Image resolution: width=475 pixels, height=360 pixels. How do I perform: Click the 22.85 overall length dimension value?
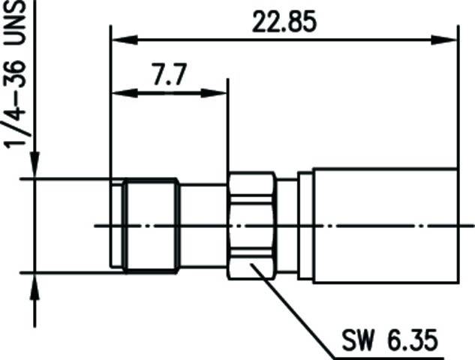click(x=284, y=22)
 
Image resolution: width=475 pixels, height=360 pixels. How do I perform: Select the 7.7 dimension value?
click(x=169, y=75)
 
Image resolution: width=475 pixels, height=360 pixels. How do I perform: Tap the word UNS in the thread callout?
click(x=17, y=23)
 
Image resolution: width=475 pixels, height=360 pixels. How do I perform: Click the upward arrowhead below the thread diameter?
click(x=35, y=282)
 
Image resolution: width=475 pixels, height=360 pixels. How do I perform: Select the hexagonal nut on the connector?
click(x=251, y=225)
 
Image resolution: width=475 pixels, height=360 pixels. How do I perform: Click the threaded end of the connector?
click(x=150, y=225)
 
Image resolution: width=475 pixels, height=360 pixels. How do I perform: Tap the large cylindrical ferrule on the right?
click(x=383, y=225)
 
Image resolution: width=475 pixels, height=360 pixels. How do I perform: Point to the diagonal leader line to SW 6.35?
click(x=293, y=307)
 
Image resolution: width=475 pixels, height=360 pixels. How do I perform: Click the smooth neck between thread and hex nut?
click(x=203, y=225)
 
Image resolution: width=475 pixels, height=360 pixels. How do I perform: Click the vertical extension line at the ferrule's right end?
click(x=458, y=97)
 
